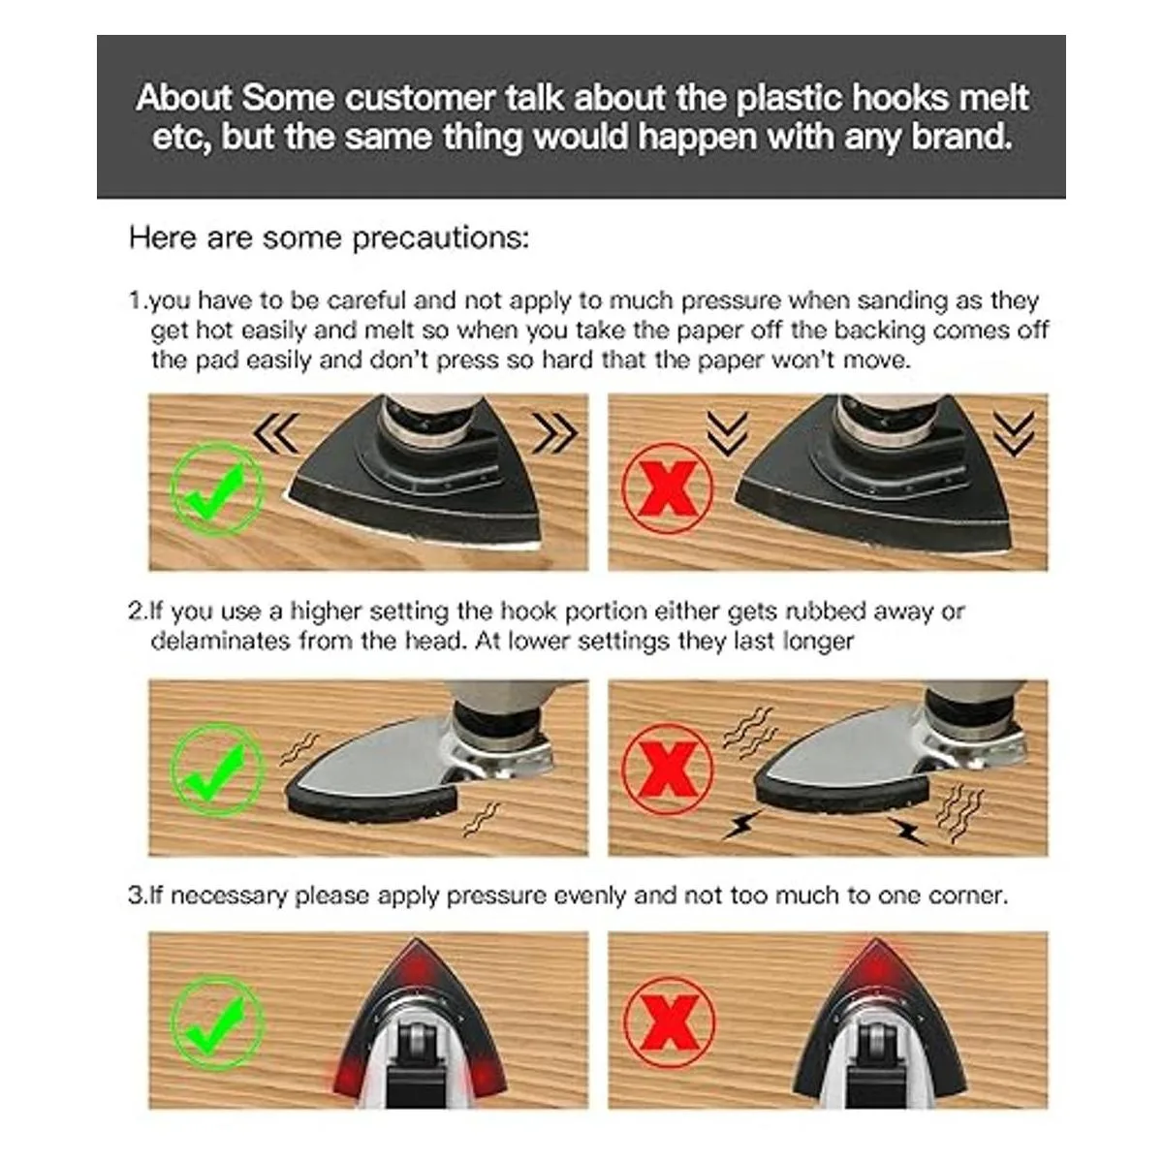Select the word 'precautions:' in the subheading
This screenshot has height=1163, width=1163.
pos(441,238)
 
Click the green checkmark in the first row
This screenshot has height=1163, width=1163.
pos(217,488)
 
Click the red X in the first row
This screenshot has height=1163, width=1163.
pos(667,488)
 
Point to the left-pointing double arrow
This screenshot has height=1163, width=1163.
pos(276,432)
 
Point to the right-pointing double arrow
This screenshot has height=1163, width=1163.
pos(555,432)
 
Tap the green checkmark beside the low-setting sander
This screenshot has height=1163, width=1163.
pos(217,770)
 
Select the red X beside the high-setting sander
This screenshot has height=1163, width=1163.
pos(667,770)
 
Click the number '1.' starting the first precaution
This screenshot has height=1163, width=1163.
pos(138,300)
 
